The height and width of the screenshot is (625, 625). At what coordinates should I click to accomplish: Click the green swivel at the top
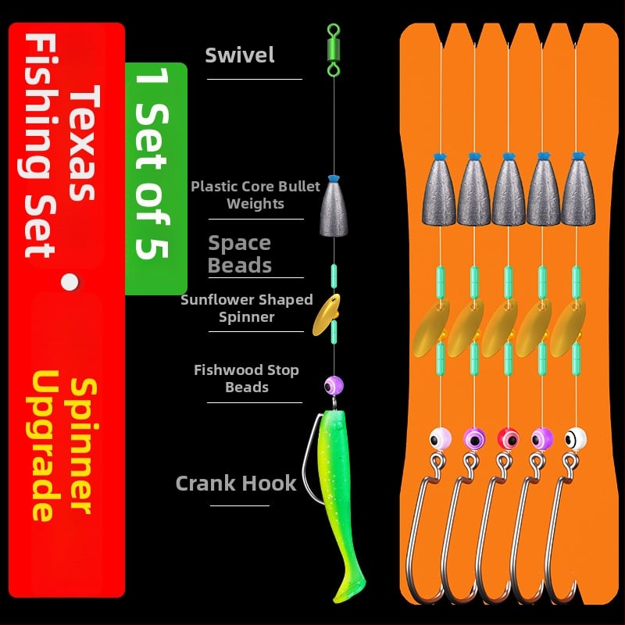click(x=334, y=48)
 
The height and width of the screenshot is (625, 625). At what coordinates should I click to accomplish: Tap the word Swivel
click(x=240, y=55)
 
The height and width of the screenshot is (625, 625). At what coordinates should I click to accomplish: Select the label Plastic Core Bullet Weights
click(x=255, y=195)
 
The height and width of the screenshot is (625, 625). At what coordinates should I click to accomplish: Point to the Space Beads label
click(x=240, y=254)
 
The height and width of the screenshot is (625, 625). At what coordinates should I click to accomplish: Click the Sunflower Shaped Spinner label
click(x=246, y=308)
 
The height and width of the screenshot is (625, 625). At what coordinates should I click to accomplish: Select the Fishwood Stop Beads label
click(x=246, y=378)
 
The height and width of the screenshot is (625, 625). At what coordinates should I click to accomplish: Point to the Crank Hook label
click(x=236, y=483)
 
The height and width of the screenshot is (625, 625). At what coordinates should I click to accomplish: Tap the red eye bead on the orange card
click(x=508, y=438)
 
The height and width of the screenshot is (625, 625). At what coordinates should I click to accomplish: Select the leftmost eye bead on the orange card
click(x=439, y=438)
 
